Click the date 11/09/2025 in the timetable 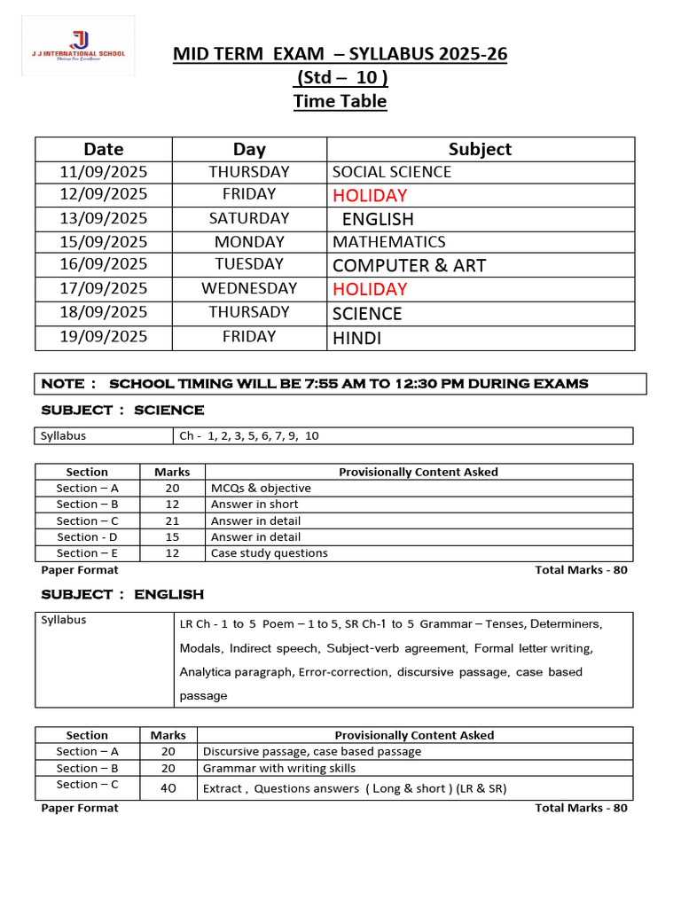point(103,172)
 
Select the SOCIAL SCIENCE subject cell point(392,172)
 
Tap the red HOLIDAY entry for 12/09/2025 point(370,195)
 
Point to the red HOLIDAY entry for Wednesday point(370,289)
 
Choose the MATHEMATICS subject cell point(389,242)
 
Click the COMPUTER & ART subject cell point(409,265)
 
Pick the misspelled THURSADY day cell point(249,312)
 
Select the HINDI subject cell point(357,338)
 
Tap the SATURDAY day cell point(249,218)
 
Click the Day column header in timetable point(249,149)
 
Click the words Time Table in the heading point(340,101)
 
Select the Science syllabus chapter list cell point(249,436)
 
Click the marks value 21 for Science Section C point(172,521)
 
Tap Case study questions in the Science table point(269,553)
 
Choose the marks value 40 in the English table point(168,787)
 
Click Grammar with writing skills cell point(279,768)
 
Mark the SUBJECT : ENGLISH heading point(122,594)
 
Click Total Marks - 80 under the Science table point(581,570)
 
